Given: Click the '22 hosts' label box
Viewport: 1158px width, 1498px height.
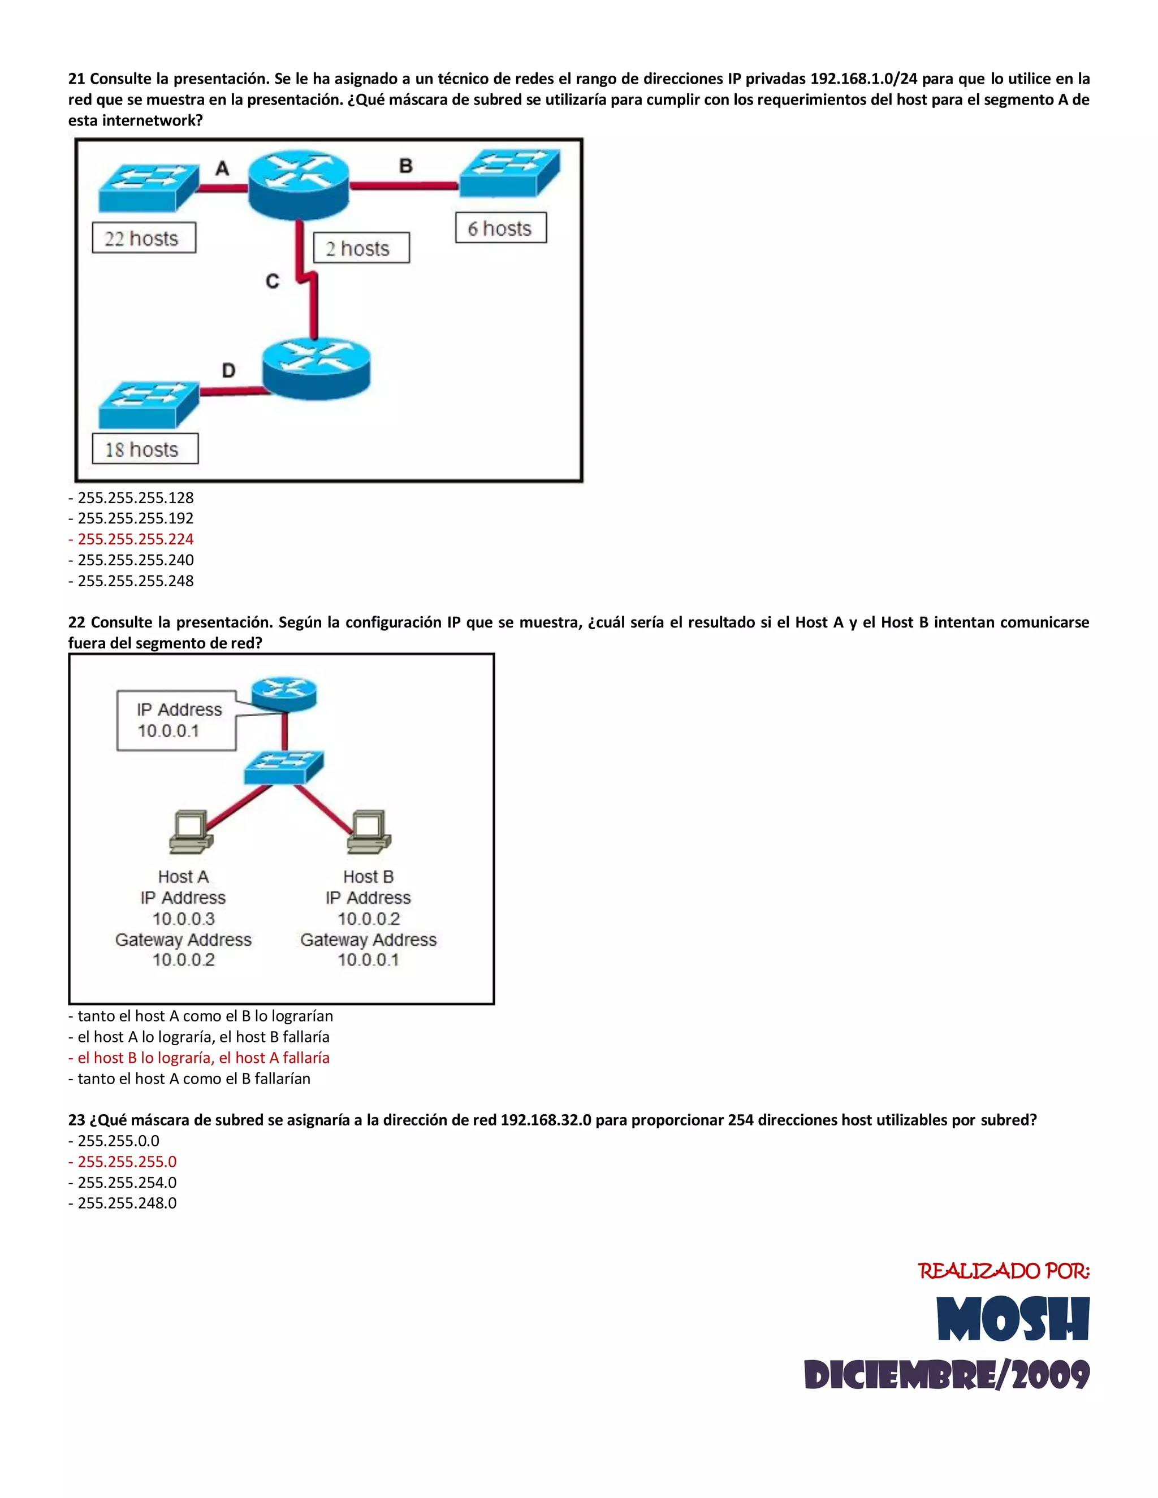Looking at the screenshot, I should (x=144, y=238).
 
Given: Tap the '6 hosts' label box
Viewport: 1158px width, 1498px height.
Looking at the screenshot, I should (x=501, y=228).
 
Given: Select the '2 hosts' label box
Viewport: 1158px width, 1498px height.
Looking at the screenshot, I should (x=361, y=248).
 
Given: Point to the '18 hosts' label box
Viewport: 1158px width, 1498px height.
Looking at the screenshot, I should (x=145, y=449).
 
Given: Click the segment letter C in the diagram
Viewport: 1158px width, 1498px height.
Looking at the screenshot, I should (x=273, y=281).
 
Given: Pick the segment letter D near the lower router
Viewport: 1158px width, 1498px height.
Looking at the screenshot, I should (x=228, y=370).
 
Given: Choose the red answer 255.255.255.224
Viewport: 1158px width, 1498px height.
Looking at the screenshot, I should (x=135, y=539).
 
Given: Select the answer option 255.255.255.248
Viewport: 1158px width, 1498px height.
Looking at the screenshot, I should (x=135, y=581).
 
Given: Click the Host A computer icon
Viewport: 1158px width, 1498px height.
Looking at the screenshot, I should (x=190, y=833).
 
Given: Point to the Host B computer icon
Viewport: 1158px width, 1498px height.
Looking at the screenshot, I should (x=369, y=833).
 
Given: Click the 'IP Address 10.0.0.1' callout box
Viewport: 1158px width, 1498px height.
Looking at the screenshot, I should (x=177, y=720).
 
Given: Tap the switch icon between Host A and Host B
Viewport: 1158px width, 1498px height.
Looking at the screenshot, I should (x=283, y=767).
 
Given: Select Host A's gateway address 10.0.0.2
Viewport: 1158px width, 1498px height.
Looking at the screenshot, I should (x=183, y=960).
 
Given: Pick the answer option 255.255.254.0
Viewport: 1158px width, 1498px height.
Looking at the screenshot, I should (x=127, y=1183).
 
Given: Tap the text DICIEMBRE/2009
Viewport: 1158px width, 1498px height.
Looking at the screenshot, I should (x=946, y=1375).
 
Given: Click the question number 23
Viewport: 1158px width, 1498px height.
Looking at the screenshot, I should (x=76, y=1120).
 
